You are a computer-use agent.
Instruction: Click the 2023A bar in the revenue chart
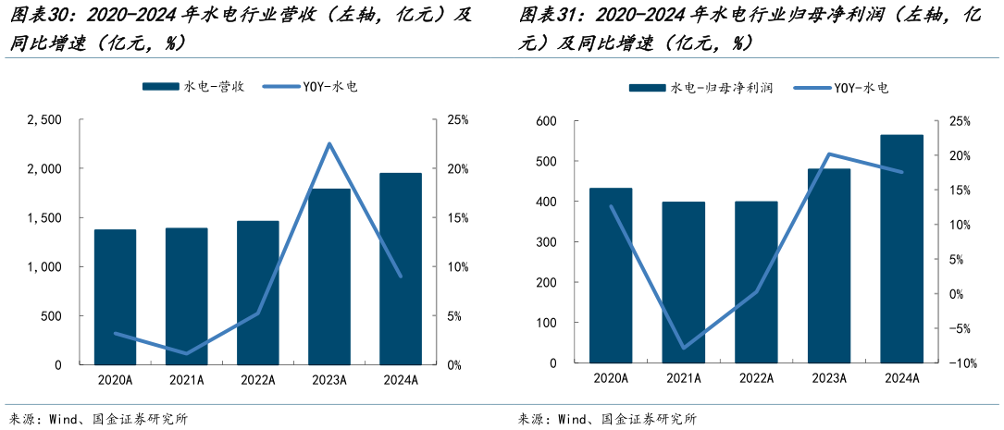329,276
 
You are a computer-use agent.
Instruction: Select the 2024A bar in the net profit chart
901,250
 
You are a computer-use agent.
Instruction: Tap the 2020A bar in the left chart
115,297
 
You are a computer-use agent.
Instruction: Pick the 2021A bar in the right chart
684,283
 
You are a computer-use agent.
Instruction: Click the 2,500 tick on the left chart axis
44,120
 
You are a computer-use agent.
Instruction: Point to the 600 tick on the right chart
545,121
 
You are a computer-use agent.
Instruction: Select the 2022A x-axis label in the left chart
257,379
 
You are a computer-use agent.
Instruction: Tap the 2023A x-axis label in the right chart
829,378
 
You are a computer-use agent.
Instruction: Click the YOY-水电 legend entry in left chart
312,86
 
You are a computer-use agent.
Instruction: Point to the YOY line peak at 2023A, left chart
329,144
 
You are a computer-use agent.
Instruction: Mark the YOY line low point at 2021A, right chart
684,348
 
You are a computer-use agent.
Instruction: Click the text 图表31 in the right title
547,15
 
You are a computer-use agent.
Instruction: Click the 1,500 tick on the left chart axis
44,218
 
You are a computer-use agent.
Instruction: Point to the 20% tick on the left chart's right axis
458,169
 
